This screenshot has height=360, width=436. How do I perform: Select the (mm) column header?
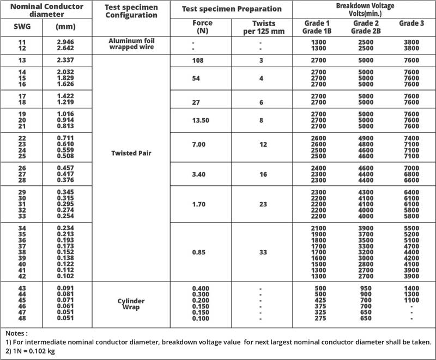66,26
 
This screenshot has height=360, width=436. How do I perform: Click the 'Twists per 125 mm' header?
261,27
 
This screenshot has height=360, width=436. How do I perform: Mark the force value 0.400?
201,287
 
